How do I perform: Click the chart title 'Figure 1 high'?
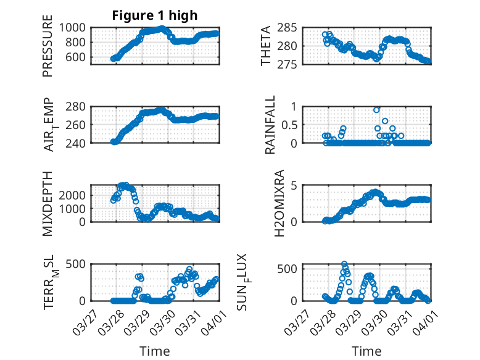point(154,15)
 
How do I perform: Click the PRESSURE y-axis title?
point(48,46)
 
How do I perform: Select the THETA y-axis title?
point(266,46)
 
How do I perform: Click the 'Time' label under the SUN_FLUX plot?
point(366,351)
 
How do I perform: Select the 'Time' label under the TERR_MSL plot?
point(155,351)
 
